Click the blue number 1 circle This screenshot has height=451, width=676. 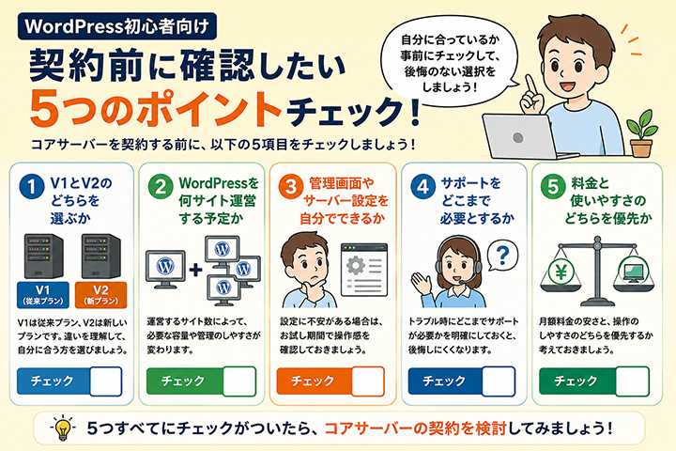coord(32,186)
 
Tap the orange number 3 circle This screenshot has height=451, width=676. coord(291,186)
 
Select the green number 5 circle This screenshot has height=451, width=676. coord(553,186)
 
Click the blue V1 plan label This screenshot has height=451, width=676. coord(42,295)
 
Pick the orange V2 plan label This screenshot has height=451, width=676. coord(100,295)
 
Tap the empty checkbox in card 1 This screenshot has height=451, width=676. coord(106,381)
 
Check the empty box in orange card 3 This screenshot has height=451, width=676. coord(368,381)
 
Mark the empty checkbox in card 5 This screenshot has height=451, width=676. coord(633,381)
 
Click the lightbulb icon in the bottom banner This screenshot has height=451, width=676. coord(63,428)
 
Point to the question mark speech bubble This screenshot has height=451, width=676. coord(502,256)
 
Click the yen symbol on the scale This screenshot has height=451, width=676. coord(561,272)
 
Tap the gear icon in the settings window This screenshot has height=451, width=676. coord(356,265)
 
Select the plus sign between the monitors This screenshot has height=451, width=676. coord(195,271)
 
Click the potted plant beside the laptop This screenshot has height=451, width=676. coord(642,133)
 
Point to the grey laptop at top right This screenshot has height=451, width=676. coord(522,136)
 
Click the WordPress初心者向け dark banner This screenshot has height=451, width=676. coord(117,26)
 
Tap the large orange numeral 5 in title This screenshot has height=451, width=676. coord(45,108)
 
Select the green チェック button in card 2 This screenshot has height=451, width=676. coord(184,381)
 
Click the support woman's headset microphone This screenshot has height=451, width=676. coord(463,282)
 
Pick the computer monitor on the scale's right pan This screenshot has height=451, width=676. coord(633,272)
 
